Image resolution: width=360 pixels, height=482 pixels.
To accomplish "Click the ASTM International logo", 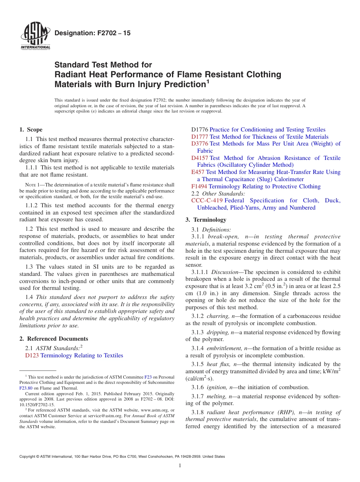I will coord(35,37).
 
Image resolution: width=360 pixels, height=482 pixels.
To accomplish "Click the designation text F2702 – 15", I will coord(92,33).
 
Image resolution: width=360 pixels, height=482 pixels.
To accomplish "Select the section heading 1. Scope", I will coord(31,130).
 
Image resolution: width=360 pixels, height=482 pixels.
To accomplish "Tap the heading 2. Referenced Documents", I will coord(54,339).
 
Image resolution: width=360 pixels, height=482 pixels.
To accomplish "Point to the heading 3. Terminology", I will coord(206,220).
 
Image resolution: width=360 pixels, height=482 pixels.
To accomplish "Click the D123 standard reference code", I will coord(32,355).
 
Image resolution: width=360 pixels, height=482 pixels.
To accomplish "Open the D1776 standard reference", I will coord(200,130).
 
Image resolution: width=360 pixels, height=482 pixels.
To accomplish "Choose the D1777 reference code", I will coord(200,137).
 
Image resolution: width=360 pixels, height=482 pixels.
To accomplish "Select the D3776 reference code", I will coord(200,144).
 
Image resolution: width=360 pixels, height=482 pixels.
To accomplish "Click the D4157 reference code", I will coord(200,158).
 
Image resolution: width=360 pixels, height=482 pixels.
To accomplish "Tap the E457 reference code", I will coord(198,172).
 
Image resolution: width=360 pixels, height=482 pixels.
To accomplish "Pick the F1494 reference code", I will coord(199,186).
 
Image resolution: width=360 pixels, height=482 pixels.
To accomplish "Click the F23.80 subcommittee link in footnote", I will coord(26,388).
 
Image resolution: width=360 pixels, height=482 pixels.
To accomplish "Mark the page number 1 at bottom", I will coord(180,466).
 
